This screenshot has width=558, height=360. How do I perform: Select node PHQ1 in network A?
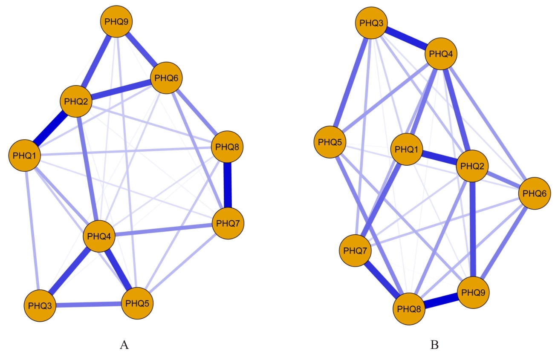(x=25, y=155)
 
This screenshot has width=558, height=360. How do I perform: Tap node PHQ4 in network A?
(x=99, y=236)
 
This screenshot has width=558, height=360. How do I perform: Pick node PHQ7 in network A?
(x=228, y=223)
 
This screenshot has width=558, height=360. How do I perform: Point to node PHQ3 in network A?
(x=40, y=305)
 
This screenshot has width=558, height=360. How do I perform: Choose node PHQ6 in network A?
(x=167, y=78)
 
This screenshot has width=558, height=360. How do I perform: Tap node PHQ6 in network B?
(x=534, y=193)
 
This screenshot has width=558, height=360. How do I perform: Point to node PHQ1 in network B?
(x=407, y=149)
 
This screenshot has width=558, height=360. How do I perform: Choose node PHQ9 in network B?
(x=473, y=293)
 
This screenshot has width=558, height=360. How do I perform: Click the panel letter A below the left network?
(x=124, y=345)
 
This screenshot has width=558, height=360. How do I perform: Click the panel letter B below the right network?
(x=434, y=345)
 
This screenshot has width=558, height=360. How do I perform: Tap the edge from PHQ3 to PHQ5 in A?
(x=88, y=305)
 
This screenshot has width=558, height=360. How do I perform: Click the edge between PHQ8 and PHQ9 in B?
(x=441, y=301)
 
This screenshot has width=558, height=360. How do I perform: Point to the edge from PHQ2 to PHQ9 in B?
(x=473, y=230)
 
